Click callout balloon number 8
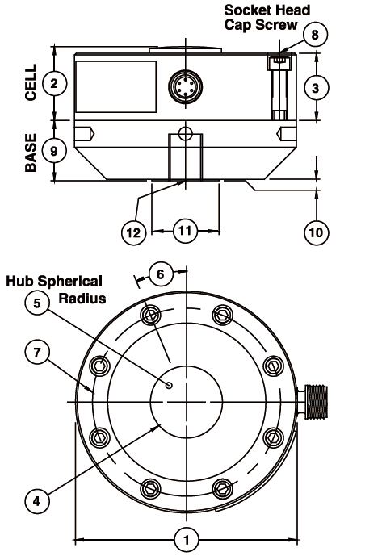(x=315, y=35)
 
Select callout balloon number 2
(x=54, y=84)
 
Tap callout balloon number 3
(x=316, y=88)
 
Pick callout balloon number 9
(x=54, y=151)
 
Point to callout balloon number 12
(x=133, y=232)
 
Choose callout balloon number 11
(x=185, y=231)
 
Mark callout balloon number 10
(x=317, y=232)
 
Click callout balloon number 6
(x=161, y=274)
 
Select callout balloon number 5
(x=37, y=303)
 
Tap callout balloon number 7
(x=37, y=352)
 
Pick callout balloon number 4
(x=37, y=501)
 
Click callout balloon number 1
(x=187, y=540)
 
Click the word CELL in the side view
(x=31, y=82)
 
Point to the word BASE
(x=31, y=153)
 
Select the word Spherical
(x=70, y=282)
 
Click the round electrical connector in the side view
(x=185, y=86)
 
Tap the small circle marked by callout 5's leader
(x=170, y=385)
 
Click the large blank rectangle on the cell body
(x=116, y=87)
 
